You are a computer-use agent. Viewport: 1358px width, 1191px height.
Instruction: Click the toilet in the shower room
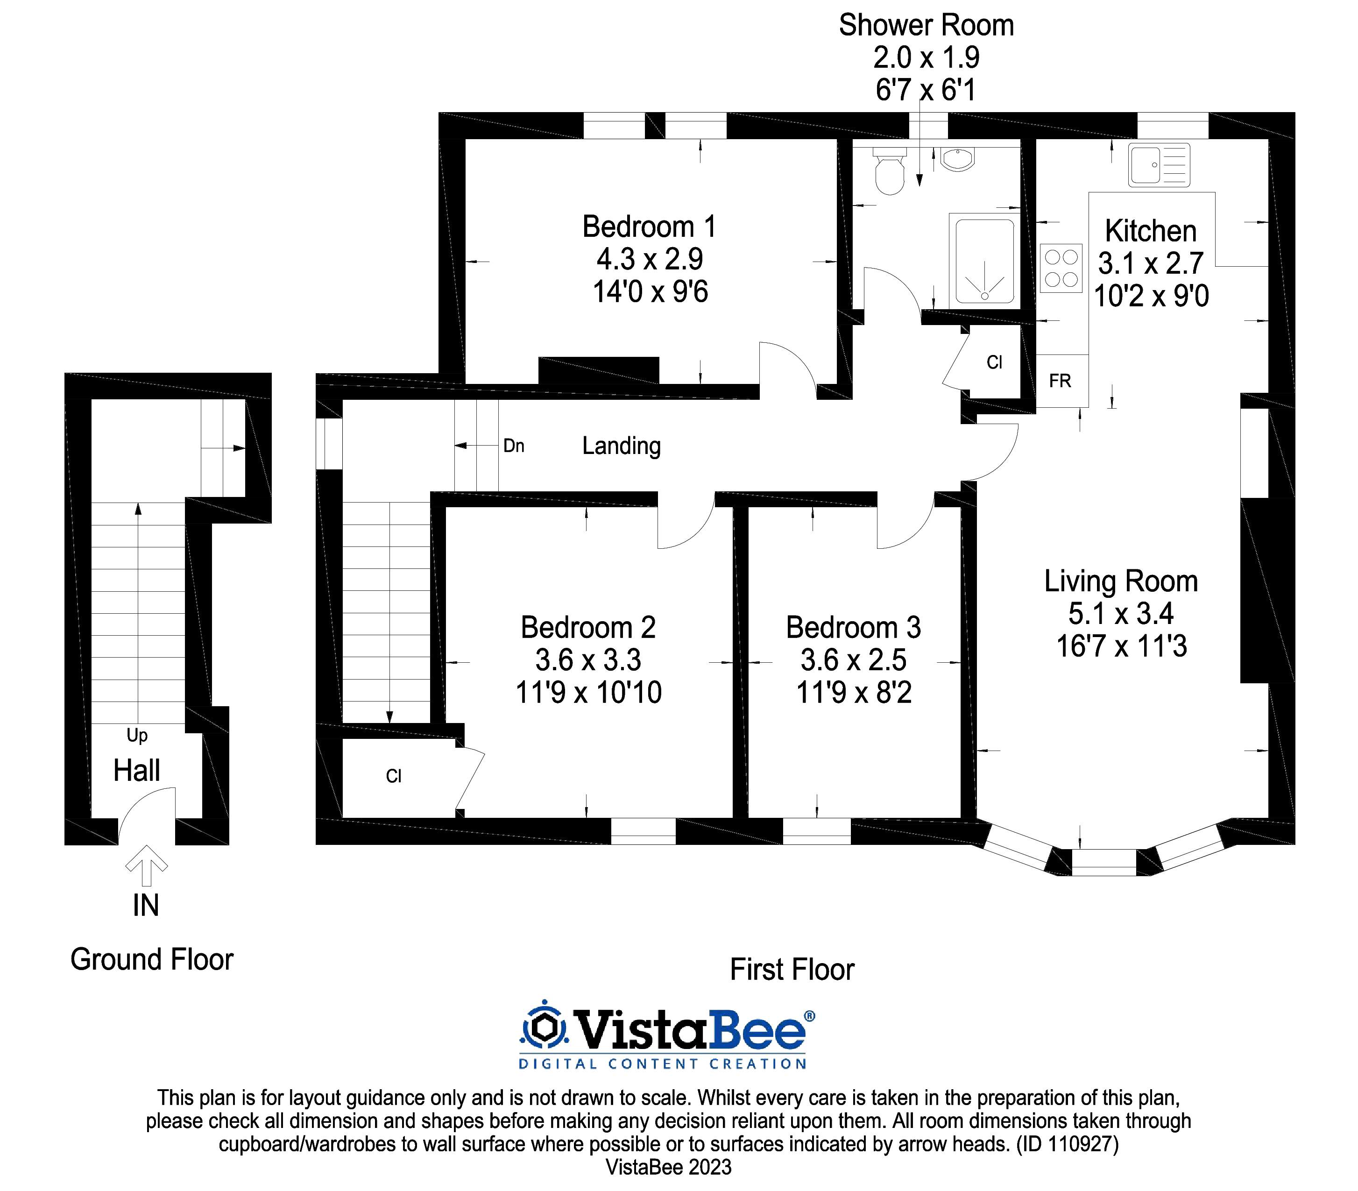[890, 171]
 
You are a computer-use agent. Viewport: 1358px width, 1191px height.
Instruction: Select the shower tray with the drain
[984, 261]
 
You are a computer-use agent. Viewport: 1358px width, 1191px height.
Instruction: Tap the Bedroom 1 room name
[649, 227]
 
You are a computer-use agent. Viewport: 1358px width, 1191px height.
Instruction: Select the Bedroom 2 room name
[588, 627]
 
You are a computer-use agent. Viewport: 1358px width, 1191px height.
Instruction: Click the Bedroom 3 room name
[853, 627]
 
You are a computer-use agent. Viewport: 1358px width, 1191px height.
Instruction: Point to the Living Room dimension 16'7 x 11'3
[1122, 646]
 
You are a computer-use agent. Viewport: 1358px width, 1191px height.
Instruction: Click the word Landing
[621, 446]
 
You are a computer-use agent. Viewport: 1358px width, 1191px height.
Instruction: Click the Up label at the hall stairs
[137, 735]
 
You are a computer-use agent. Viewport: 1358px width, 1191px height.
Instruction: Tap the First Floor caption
[792, 970]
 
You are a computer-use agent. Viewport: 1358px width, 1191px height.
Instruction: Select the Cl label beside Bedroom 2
[393, 776]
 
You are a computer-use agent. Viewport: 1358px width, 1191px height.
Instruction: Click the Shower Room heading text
[926, 25]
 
